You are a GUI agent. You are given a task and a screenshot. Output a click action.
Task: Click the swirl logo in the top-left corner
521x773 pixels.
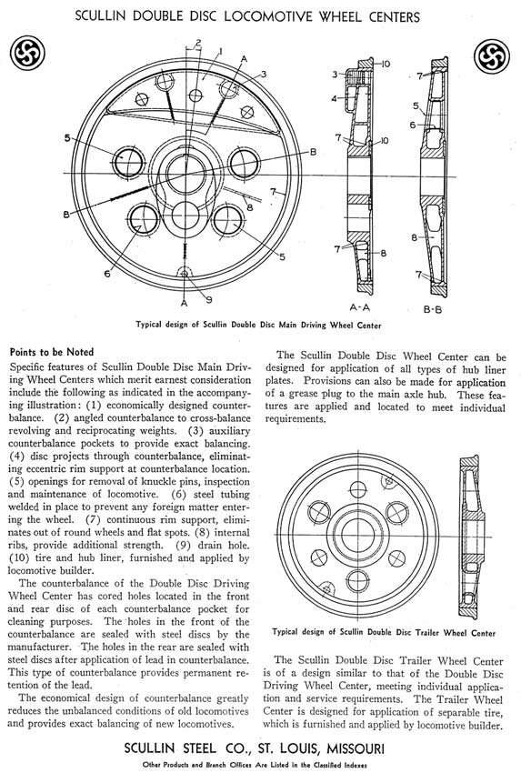[27, 54]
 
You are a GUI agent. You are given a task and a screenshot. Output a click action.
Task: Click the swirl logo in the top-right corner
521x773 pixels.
[491, 55]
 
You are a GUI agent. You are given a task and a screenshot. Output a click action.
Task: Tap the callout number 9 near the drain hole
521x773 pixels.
[209, 299]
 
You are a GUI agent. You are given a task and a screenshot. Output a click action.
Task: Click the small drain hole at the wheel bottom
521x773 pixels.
[185, 273]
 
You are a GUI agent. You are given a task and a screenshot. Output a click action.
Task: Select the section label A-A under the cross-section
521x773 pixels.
[359, 307]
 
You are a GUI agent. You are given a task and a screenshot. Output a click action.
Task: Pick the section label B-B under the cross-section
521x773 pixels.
[432, 309]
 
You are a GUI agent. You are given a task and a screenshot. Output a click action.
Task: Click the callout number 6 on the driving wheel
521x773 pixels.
[107, 273]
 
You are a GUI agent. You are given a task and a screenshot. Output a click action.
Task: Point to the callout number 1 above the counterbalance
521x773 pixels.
[220, 51]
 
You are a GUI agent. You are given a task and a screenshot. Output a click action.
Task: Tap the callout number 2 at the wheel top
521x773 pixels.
[197, 43]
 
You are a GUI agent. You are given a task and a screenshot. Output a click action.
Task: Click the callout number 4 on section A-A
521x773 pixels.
[335, 98]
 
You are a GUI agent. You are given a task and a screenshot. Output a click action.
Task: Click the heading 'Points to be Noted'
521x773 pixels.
[52, 352]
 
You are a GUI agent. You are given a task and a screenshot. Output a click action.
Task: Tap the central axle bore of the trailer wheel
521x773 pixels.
[358, 535]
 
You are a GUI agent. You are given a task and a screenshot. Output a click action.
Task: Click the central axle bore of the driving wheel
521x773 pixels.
[185, 174]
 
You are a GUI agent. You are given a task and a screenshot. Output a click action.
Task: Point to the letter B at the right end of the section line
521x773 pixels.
[313, 153]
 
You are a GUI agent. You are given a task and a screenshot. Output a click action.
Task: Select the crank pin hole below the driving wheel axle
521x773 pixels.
[185, 216]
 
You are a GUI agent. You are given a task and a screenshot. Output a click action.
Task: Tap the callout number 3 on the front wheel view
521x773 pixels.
[264, 74]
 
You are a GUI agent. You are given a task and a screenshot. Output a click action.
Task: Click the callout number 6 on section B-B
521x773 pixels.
[413, 125]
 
